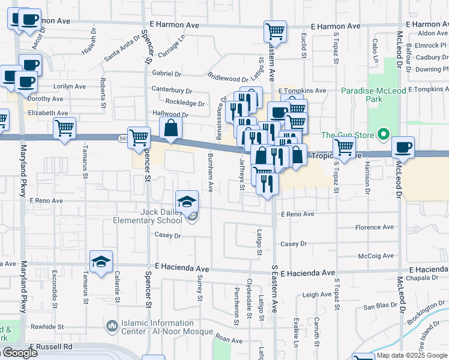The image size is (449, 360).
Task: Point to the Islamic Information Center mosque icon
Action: (x=112, y=327)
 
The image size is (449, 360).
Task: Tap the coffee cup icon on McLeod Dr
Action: (x=403, y=148)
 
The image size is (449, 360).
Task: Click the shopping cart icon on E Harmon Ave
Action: (x=275, y=31)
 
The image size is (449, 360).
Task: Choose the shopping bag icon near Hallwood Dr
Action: (x=171, y=128)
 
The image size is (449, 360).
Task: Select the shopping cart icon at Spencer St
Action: (x=139, y=137)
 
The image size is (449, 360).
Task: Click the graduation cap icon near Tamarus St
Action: (x=101, y=262)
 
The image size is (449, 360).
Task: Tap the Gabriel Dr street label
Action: (x=166, y=74)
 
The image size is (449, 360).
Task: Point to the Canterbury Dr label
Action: (x=172, y=90)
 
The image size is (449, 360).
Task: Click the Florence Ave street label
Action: (x=375, y=227)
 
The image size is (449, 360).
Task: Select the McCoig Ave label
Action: (x=376, y=256)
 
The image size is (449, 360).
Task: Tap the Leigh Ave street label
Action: (x=317, y=295)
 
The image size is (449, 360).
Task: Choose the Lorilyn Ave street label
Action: (x=70, y=86)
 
